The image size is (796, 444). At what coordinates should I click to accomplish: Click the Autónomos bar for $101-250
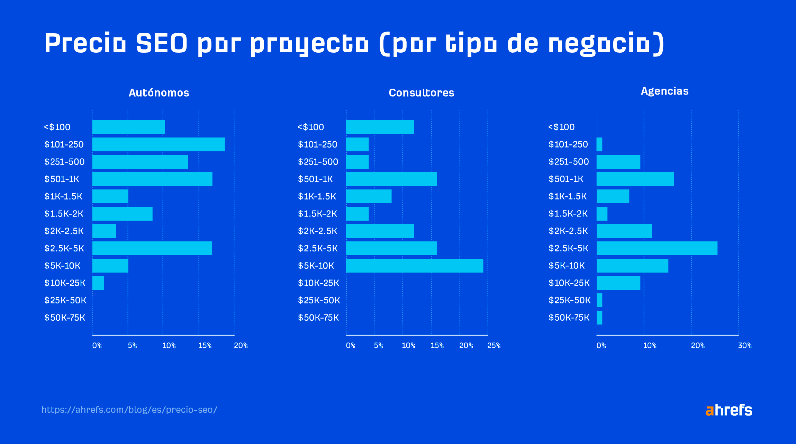159,144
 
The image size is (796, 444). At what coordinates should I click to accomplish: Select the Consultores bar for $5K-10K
414,266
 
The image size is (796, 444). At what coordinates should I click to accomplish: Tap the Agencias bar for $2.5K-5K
657,248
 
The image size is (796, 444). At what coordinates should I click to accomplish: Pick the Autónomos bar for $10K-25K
98,283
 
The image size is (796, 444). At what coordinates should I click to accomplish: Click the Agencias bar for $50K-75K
599,318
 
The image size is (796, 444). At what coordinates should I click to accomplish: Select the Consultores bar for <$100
380,127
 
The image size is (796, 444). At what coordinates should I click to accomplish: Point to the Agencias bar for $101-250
599,144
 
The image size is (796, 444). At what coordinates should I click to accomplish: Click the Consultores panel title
421,93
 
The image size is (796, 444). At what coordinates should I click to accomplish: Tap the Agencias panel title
664,91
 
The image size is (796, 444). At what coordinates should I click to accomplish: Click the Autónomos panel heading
159,93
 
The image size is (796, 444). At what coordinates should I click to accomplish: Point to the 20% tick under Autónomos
241,346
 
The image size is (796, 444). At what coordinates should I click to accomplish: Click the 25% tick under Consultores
494,346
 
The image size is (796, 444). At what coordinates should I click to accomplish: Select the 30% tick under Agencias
745,346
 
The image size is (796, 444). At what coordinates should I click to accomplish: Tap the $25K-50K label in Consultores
319,300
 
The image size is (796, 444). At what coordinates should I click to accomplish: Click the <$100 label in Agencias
561,127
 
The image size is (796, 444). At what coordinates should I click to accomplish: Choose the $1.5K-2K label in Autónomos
64,214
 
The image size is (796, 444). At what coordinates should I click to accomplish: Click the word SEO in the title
162,43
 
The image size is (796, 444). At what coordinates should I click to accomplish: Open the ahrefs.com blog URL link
129,410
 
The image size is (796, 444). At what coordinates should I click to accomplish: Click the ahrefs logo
729,410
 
